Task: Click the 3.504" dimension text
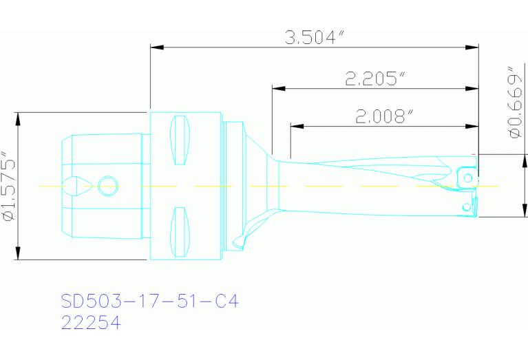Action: pos(315,37)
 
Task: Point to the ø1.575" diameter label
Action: pos(9,186)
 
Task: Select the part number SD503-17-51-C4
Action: pos(149,301)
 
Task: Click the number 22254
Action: pos(91,322)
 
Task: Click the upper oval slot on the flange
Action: pos(179,140)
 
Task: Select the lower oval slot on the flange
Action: pos(179,230)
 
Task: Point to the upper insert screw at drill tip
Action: pos(468,178)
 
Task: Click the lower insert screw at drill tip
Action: pos(467,205)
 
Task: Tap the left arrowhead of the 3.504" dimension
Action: pos(156,47)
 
